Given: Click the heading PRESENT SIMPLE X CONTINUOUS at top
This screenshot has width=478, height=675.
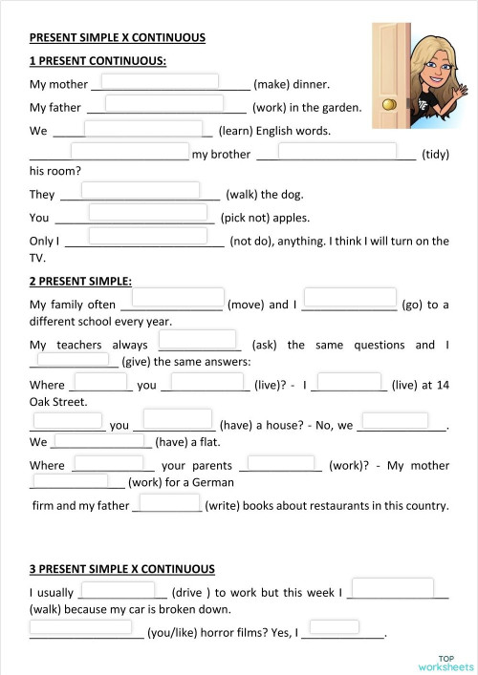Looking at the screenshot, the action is coord(118,38).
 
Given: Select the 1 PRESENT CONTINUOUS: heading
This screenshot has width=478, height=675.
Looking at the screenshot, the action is coord(98,61).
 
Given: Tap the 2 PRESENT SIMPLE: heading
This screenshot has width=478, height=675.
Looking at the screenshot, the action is coord(80,282).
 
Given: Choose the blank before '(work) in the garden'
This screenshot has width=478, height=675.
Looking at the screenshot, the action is coord(164,103).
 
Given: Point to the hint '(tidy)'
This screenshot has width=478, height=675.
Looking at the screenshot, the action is coord(435,155).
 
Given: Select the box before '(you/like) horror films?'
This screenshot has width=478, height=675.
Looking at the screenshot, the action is coord(80,628).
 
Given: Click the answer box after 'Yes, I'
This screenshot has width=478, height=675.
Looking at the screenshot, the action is coord(334,628).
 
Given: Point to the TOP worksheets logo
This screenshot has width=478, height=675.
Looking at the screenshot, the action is coord(445,662).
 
